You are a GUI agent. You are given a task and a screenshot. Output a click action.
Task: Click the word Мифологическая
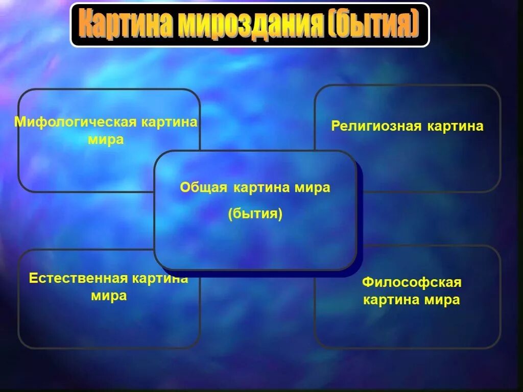coord(76,123)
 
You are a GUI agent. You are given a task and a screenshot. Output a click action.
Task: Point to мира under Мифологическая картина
coord(106,140)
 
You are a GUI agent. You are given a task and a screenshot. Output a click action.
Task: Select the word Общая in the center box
coord(203,188)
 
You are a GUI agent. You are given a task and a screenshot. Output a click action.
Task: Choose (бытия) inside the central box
coord(255,213)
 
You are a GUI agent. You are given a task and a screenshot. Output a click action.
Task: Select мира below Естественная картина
coord(109,296)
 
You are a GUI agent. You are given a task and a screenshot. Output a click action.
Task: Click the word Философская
coord(412,282)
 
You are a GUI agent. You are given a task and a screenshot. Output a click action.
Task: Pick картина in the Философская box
coord(391,300)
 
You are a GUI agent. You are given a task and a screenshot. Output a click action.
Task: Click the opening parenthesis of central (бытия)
coord(230,213)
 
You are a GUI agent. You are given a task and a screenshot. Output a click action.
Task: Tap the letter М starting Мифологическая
coord(19,123)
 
